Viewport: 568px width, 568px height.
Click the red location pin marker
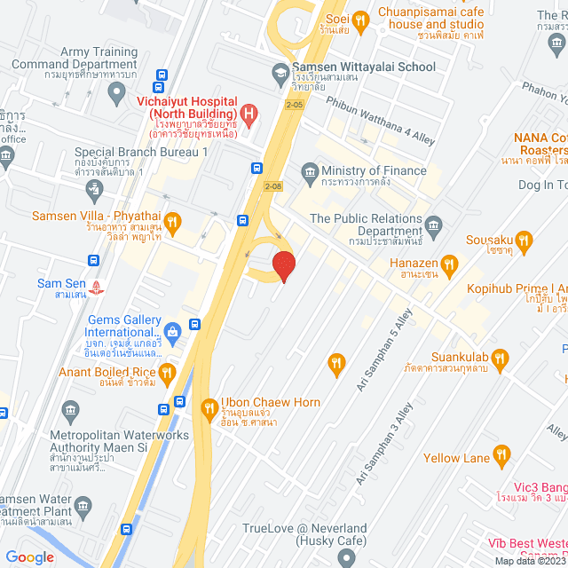click(283, 265)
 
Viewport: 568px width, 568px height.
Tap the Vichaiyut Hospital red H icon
click(249, 114)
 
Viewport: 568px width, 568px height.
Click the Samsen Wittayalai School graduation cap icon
click(280, 72)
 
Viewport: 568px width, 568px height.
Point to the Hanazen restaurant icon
click(450, 264)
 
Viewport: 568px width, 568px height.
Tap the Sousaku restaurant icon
click(525, 240)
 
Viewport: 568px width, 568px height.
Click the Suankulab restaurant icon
click(500, 359)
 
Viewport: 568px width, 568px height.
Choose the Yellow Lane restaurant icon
click(502, 457)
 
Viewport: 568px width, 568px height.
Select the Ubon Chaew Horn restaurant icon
click(209, 408)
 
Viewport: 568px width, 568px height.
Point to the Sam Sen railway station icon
click(99, 288)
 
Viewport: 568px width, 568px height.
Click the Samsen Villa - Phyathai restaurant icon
click(173, 221)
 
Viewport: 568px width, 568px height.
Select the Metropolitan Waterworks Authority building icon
click(70, 410)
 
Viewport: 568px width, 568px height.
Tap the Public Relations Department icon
click(434, 223)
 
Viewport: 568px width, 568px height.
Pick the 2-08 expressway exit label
click(274, 185)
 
